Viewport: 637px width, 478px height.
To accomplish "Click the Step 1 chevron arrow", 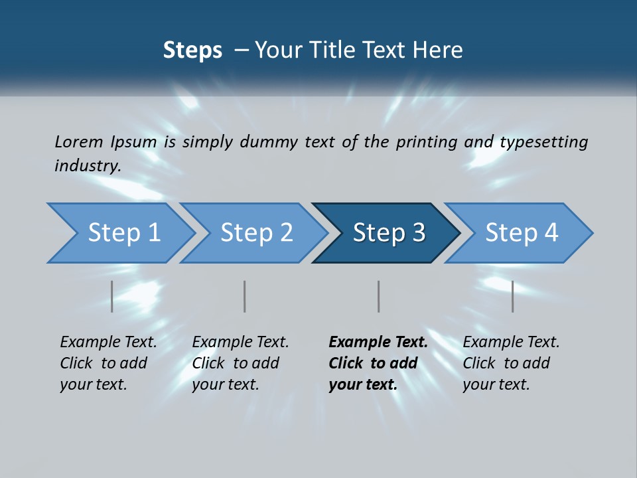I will (123, 233).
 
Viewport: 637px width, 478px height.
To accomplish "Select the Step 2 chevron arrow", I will (256, 233).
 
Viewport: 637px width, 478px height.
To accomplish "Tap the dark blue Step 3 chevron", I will (389, 233).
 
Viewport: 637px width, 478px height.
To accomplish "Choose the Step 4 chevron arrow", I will (522, 233).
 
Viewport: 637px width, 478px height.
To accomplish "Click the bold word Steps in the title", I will (192, 50).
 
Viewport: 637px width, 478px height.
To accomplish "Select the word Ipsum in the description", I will (131, 141).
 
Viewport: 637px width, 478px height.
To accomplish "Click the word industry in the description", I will (86, 166).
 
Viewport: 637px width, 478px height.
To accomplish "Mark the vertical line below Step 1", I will (112, 296).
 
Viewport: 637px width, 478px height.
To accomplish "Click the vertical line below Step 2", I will (245, 296).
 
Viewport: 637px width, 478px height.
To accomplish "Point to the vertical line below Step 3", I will (378, 296).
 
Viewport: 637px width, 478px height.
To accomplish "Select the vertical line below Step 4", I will (512, 296).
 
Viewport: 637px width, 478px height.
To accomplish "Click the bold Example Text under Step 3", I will (378, 363).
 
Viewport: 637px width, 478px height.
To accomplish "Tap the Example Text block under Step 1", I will (108, 363).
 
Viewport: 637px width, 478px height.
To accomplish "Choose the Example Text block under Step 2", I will (240, 363).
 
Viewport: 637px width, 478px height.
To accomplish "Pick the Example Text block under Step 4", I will (511, 363).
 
